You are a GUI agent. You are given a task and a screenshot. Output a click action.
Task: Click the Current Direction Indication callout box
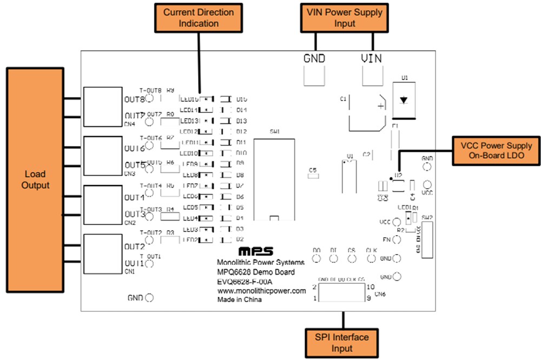click(x=198, y=18)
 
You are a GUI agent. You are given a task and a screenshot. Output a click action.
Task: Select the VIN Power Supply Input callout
click(x=344, y=18)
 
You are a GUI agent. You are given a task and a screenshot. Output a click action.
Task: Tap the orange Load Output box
click(x=35, y=180)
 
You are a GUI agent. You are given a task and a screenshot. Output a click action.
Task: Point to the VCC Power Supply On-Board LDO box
click(x=496, y=151)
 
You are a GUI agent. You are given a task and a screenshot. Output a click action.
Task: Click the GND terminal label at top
click(x=314, y=58)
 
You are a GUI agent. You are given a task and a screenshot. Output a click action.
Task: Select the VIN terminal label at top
click(x=372, y=58)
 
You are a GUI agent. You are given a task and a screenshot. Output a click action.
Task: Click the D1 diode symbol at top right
click(x=404, y=100)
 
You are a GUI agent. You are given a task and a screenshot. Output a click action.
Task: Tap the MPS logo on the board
click(x=256, y=252)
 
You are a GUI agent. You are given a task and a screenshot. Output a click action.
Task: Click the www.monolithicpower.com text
click(x=261, y=290)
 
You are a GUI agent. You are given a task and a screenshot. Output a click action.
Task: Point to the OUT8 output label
click(x=135, y=99)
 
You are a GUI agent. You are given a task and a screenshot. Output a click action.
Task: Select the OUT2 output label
click(x=135, y=246)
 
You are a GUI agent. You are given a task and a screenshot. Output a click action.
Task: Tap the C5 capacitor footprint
click(x=313, y=176)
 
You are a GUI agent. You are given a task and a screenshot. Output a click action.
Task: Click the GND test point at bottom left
click(x=149, y=297)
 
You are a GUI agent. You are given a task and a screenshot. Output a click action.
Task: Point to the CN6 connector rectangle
click(x=341, y=292)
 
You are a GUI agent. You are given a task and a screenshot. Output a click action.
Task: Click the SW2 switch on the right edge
click(x=427, y=238)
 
